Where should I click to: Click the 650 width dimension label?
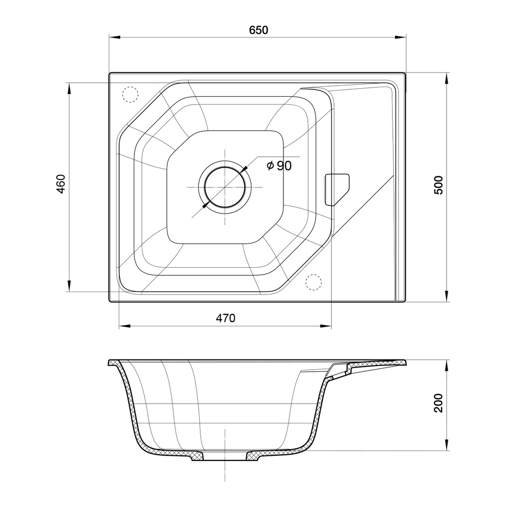pos(259,30)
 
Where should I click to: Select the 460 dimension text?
pos(61,184)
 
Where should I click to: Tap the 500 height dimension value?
pos(439,185)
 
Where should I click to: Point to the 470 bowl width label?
pos(226,318)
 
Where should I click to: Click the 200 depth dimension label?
pos(439,403)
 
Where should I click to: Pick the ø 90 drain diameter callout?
pos(279,166)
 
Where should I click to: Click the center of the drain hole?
pos(225,187)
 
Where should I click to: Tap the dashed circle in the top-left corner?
pos(130,95)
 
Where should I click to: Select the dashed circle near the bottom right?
pos(314,282)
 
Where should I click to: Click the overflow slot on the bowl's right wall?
pos(337,190)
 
